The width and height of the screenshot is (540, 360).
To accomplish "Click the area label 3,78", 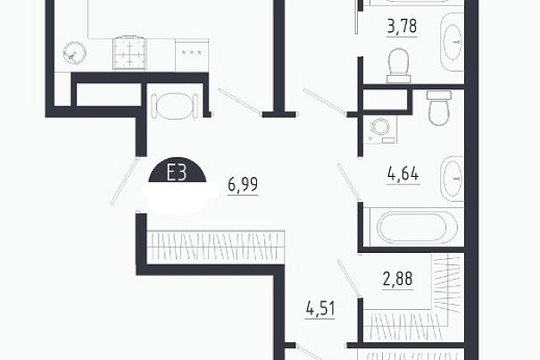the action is coord(402,27).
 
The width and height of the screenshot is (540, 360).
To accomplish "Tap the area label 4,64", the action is coord(403,174).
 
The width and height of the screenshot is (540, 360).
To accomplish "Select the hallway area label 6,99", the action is coord(243,185).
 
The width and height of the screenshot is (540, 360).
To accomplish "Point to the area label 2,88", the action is coord(398,279).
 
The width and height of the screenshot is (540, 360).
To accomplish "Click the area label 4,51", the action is coord(320,308).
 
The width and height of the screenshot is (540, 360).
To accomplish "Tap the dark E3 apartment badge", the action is coord(178,172).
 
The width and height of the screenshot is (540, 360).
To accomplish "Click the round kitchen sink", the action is coord(74,53).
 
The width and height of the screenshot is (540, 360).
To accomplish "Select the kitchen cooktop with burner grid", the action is coord(129,53).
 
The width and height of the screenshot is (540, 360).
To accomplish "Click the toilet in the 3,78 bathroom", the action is coord(399,66).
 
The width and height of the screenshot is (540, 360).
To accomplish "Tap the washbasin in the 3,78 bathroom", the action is coord(453,42).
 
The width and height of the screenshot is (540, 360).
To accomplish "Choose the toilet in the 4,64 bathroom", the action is coord(439,108).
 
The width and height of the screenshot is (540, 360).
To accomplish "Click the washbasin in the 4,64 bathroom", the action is coord(453,179).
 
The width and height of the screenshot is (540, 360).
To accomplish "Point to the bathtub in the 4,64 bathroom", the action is coord(414,227).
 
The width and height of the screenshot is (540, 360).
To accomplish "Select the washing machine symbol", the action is coord(380,130).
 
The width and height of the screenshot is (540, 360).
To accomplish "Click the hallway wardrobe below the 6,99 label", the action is coord(216,247).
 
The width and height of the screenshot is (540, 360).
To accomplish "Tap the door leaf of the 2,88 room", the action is coord(349,278).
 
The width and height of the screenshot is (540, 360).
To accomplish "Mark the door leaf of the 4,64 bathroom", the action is coord(349,181).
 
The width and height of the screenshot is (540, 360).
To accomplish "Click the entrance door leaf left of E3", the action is coord(125,181).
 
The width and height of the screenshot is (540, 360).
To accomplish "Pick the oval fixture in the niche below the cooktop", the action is coord(175,106).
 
